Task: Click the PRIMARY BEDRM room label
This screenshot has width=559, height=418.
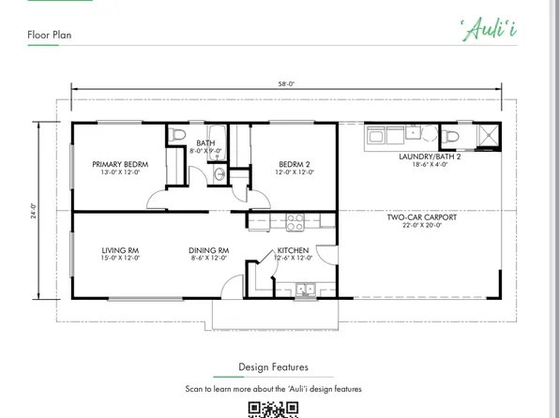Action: pyautogui.click(x=120, y=164)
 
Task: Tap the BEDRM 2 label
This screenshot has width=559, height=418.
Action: pyautogui.click(x=294, y=164)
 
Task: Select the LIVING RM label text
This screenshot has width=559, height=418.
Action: pyautogui.click(x=120, y=250)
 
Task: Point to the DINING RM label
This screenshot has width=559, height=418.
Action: pyautogui.click(x=209, y=250)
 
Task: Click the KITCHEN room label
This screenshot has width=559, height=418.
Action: pyautogui.click(x=294, y=250)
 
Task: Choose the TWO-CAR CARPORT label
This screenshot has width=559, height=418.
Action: pyautogui.click(x=422, y=217)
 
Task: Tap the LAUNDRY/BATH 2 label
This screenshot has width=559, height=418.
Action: pyautogui.click(x=430, y=157)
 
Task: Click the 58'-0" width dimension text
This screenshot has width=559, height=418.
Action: pyautogui.click(x=286, y=84)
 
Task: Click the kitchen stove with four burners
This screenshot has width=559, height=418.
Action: pyautogui.click(x=295, y=222)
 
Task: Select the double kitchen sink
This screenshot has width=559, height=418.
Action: pyautogui.click(x=305, y=290)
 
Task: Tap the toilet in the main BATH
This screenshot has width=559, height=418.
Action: pyautogui.click(x=178, y=137)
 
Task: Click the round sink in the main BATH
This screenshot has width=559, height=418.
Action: pyautogui.click(x=219, y=174)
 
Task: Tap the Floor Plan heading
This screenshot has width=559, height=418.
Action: pyautogui.click(x=49, y=36)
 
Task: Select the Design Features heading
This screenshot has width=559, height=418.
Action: pyautogui.click(x=273, y=366)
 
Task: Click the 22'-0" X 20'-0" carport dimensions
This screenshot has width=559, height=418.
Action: pyautogui.click(x=422, y=226)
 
